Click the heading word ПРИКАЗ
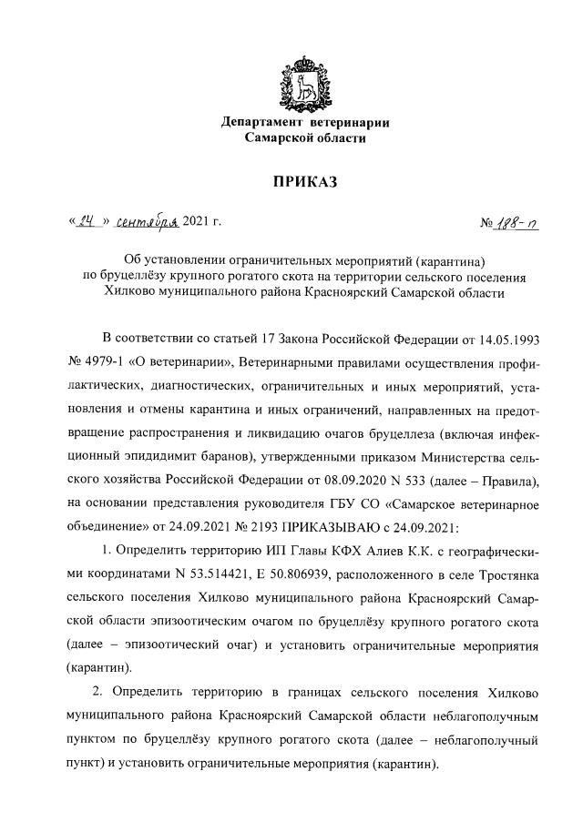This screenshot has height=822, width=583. pos(305,182)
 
